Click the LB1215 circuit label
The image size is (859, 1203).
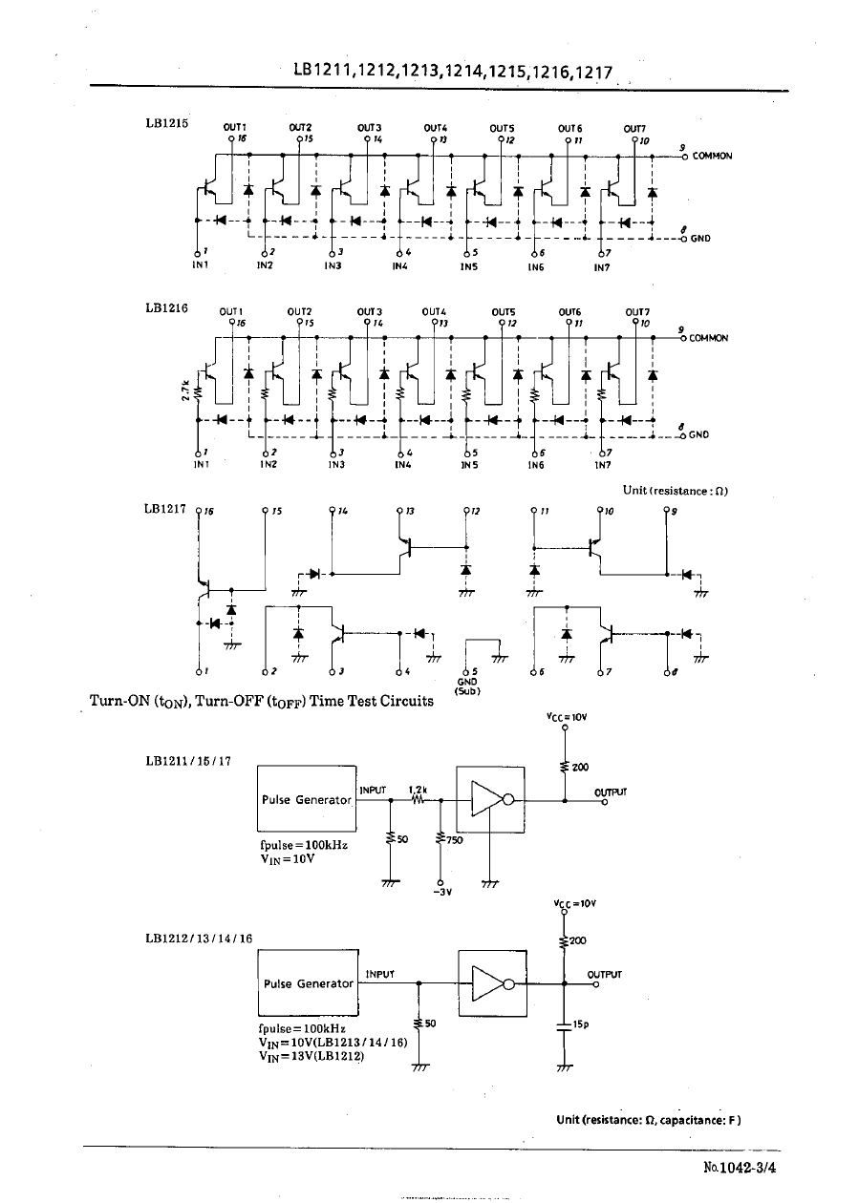pos(167,122)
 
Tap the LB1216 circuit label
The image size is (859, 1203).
pos(167,307)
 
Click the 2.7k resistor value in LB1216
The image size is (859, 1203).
pos(185,392)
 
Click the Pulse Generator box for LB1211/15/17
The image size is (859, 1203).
pos(307,800)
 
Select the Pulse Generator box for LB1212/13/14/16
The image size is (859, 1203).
pos(308,983)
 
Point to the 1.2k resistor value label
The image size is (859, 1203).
pos(418,790)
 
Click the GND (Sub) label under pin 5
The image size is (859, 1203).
pos(467,686)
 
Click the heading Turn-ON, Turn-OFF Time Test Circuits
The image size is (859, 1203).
pos(261,701)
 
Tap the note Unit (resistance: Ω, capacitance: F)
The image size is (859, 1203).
pos(649,1119)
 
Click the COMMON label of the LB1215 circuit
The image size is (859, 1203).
pos(712,156)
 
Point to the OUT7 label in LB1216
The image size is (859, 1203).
pos(637,311)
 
